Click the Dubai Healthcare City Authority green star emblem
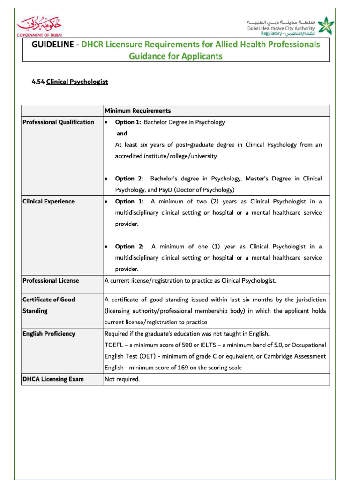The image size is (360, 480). coord(323,25)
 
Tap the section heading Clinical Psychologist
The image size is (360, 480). coord(77,82)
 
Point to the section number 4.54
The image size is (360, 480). coord(37,82)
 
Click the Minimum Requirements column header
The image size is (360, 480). coord(137,111)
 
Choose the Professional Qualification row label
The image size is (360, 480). coord(58,122)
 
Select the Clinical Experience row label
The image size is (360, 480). coord(48,202)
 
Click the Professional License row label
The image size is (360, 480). coord(51,281)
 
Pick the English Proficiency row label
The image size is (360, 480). coord(49,334)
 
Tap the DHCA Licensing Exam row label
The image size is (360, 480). coord(53,379)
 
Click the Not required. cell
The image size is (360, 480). coord(122,379)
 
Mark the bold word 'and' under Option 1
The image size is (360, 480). coord(121,134)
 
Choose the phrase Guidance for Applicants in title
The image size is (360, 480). coord(176,57)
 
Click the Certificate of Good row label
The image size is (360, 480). coord(48,300)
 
